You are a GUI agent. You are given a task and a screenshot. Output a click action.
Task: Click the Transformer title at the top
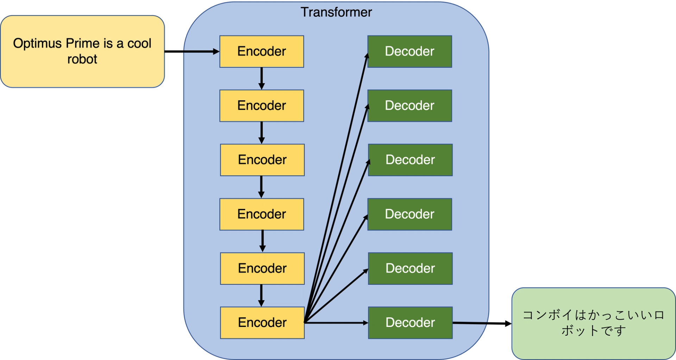tap(336, 12)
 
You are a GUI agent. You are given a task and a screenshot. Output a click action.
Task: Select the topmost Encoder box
tap(262, 51)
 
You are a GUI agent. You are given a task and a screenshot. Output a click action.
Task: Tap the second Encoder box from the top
tap(262, 106)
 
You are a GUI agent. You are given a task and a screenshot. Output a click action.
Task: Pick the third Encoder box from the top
tap(262, 160)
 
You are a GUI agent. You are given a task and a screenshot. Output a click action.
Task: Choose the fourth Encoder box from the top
tap(262, 214)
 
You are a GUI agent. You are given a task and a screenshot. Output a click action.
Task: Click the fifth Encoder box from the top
tap(262, 268)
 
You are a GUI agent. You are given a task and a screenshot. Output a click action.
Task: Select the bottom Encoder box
tap(262, 322)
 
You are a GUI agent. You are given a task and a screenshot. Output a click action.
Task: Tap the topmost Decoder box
tap(409, 51)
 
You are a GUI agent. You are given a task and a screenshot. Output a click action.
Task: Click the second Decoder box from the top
tap(409, 106)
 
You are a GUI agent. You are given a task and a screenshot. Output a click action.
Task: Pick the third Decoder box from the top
tap(410, 160)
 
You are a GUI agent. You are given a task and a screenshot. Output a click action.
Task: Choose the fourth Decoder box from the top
tap(409, 214)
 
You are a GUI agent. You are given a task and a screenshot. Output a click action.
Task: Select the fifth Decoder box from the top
tap(410, 268)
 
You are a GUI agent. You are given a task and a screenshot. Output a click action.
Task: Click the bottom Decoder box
tap(410, 322)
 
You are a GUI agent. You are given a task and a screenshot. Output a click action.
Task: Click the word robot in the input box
tap(82, 59)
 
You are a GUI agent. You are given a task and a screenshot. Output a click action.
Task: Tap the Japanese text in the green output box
tap(593, 322)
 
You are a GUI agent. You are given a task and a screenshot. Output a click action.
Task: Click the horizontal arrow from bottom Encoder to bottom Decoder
tap(336, 322)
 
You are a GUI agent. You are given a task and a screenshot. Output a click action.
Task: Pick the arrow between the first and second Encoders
tap(261, 78)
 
